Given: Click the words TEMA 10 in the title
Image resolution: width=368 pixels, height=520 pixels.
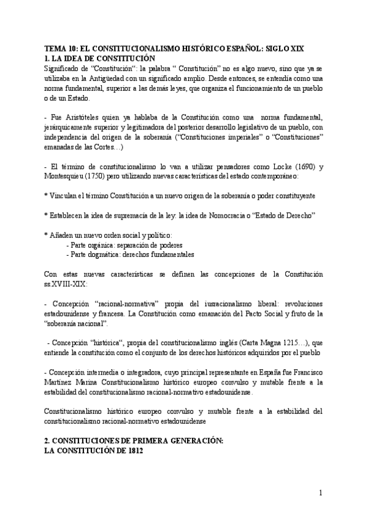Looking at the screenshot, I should coord(63,48).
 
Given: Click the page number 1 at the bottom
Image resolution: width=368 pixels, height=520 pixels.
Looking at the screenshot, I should coord(321,492).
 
